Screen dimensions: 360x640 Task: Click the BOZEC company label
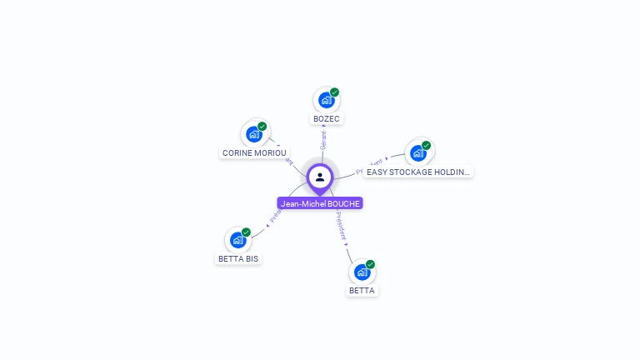[x=327, y=119]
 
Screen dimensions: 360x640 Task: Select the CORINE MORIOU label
[x=254, y=153]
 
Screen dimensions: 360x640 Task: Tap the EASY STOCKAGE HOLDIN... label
[x=417, y=172]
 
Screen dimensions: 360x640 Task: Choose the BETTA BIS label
[x=238, y=259]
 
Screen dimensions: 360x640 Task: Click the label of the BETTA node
[x=362, y=291]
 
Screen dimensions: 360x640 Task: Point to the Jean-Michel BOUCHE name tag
[x=320, y=203]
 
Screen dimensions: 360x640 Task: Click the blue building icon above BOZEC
[x=326, y=100]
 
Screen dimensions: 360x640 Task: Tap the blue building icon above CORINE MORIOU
[x=254, y=134]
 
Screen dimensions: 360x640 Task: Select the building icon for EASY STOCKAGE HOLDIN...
[x=417, y=152]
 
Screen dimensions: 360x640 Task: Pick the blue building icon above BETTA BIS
[x=237, y=240]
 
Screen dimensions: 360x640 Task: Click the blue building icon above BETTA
[x=362, y=272]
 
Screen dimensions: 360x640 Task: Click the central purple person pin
[x=320, y=177]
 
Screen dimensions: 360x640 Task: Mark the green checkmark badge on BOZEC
[x=334, y=92]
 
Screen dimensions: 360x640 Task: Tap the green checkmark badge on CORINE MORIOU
[x=262, y=127]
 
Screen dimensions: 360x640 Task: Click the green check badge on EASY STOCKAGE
[x=426, y=146]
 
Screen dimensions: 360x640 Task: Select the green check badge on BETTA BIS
[x=246, y=232]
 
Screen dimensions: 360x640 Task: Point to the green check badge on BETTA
[x=370, y=264]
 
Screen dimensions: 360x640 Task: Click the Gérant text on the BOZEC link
[x=322, y=139]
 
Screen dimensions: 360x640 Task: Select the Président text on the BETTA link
[x=342, y=226]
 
